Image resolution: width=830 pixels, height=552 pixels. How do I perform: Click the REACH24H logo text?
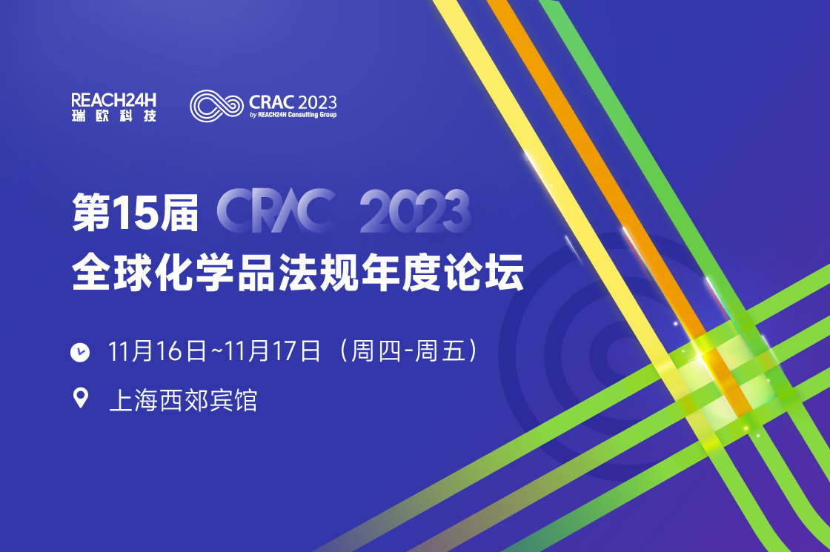[x=114, y=100]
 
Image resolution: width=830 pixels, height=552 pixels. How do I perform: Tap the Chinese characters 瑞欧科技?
[x=114, y=116]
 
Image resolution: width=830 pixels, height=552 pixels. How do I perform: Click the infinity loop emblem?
[x=216, y=106]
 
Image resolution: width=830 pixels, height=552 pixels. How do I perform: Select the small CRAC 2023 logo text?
[x=293, y=102]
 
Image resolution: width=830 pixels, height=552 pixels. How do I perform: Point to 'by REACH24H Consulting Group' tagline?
[x=293, y=115]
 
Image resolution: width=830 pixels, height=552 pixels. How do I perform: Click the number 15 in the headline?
[x=136, y=212]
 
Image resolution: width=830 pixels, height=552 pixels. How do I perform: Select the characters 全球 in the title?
[x=113, y=273]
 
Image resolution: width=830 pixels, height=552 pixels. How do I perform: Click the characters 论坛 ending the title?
[x=485, y=273]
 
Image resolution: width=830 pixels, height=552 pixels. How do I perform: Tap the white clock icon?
[x=80, y=352]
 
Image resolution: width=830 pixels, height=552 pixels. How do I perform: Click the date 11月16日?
[x=157, y=351]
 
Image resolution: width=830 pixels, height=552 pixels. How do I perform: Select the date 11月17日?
[x=273, y=351]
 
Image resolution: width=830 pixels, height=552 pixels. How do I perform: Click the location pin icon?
[x=81, y=398]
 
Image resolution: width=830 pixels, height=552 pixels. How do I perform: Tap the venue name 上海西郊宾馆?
[x=183, y=400]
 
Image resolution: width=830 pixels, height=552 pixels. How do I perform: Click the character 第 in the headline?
[x=92, y=212]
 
